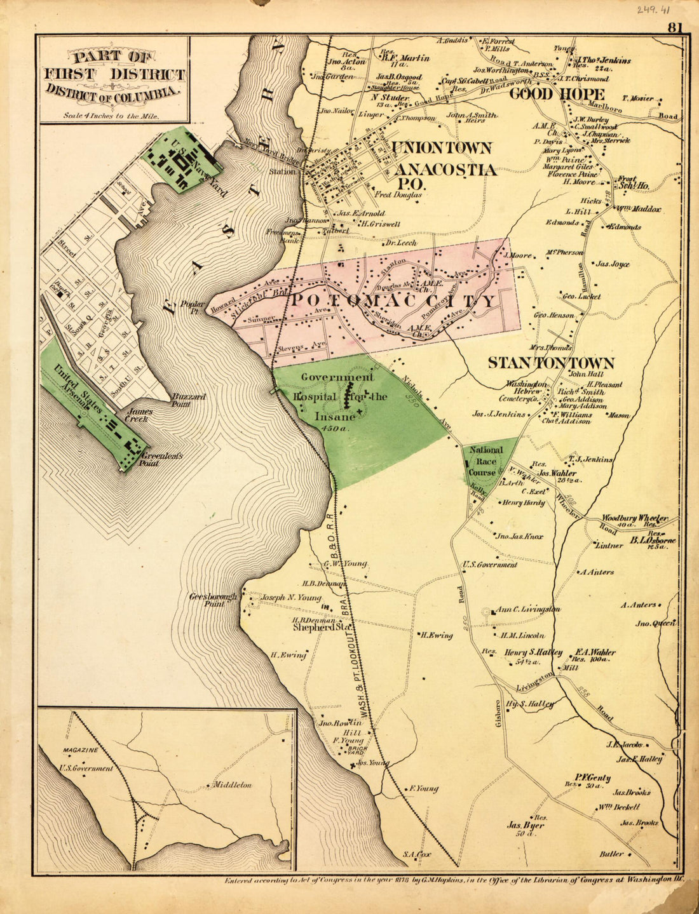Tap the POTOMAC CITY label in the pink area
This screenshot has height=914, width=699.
pos(392,300)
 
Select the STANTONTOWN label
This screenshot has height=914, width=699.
pos(550,363)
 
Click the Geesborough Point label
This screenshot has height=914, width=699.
pos(213,600)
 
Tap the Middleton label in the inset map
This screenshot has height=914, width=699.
pos(232,785)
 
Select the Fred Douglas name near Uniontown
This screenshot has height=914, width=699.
pos(398,195)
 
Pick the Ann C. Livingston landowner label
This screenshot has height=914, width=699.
pos(527,609)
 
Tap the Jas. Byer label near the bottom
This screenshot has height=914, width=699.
pos(525,826)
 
